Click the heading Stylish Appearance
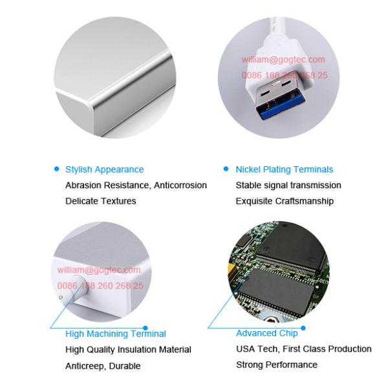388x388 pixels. [104, 169]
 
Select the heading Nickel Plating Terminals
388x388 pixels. [285, 169]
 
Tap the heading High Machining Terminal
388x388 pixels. [116, 334]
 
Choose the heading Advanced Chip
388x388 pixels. [267, 333]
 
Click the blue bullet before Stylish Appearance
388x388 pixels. [57, 169]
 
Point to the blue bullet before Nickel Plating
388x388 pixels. [226, 169]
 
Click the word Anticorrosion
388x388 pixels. [180, 186]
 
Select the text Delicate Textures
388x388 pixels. [101, 201]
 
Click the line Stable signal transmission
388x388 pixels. [288, 186]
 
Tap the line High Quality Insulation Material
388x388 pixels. [128, 350]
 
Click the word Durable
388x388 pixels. [125, 366]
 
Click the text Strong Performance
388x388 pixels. [277, 365]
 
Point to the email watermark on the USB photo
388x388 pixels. [283, 59]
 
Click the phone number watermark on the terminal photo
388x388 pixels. [100, 286]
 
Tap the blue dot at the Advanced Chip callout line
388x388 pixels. [303, 328]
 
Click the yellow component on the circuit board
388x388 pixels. [232, 270]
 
